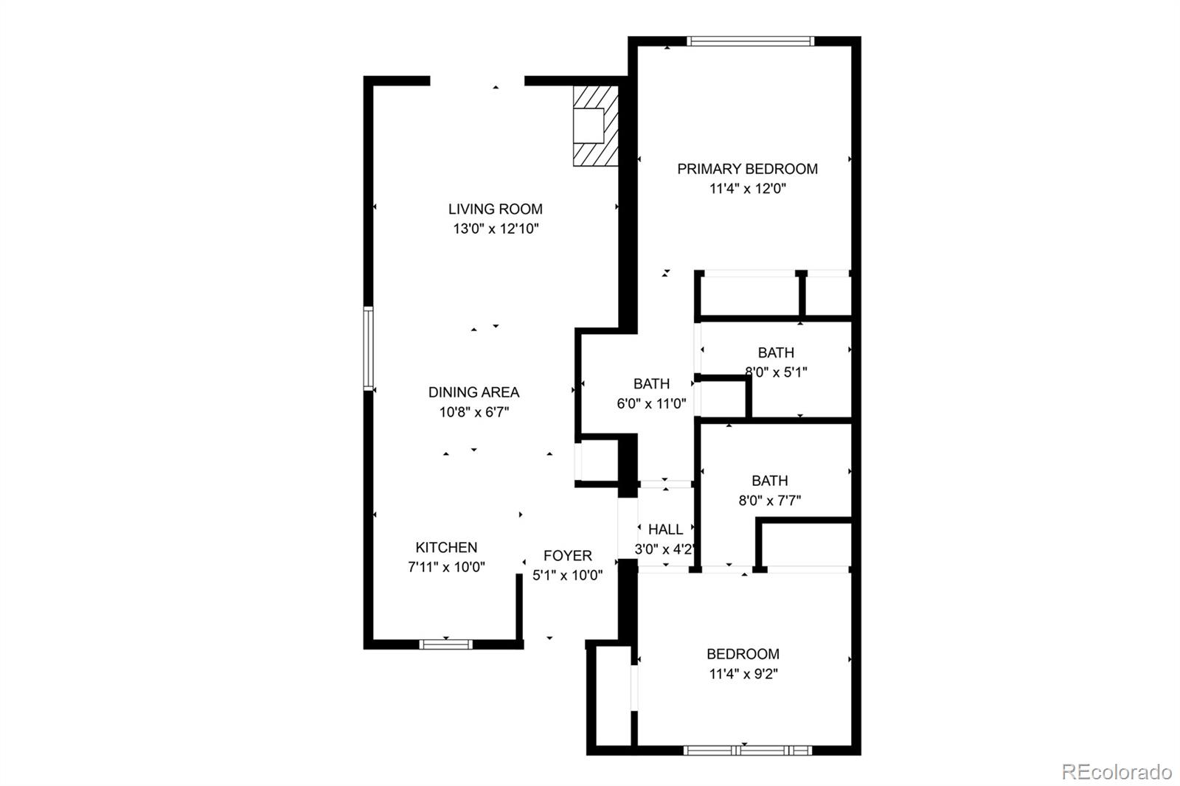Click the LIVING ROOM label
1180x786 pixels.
tap(495, 209)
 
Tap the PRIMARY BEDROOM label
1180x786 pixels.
tap(747, 169)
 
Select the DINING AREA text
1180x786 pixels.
tap(473, 392)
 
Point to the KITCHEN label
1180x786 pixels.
tap(446, 548)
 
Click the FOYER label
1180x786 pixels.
tap(567, 556)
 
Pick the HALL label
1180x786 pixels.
tap(665, 529)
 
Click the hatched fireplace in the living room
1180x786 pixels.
tap(596, 126)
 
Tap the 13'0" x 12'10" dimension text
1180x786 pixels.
tap(496, 229)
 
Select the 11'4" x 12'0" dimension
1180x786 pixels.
tap(748, 189)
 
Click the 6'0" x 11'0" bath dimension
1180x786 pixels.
tap(651, 404)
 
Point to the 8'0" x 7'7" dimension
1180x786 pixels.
tap(770, 501)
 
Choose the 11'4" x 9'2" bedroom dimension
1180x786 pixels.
tap(743, 674)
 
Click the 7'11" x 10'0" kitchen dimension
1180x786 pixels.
tap(446, 567)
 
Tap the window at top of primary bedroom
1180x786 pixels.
tap(751, 41)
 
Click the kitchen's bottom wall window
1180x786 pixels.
tap(445, 644)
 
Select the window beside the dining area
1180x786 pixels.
tap(368, 349)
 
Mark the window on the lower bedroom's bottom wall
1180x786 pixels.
tap(748, 751)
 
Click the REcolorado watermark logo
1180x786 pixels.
tap(1117, 772)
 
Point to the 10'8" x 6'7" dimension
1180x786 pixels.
tap(474, 412)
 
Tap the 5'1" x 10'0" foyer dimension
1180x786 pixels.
tap(567, 575)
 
